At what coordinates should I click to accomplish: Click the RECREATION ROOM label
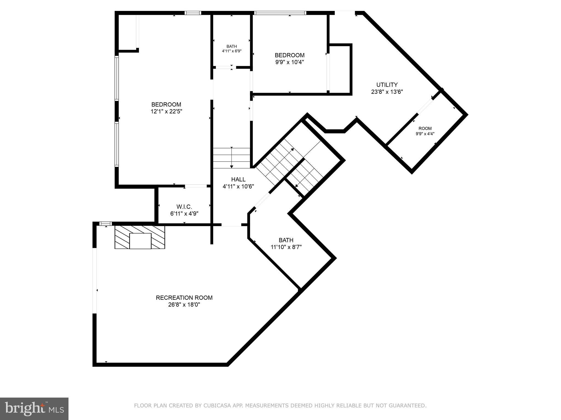(x=184, y=297)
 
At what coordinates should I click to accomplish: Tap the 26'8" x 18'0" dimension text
(x=184, y=305)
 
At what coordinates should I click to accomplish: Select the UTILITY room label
(x=387, y=85)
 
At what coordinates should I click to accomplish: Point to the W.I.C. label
(x=184, y=207)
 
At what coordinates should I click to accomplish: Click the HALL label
(x=238, y=179)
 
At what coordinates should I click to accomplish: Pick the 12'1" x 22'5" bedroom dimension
(x=166, y=112)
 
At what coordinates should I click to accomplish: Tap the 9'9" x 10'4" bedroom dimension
(x=290, y=62)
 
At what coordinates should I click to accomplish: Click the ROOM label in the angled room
(x=425, y=129)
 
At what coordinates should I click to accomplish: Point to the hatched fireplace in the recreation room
(x=140, y=237)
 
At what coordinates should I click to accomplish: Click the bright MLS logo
(x=34, y=409)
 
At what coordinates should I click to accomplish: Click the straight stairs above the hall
(x=232, y=158)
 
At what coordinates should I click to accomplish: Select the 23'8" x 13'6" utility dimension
(x=387, y=92)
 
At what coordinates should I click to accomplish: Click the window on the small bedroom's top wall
(x=280, y=13)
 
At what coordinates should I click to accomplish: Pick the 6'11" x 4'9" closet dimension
(x=184, y=214)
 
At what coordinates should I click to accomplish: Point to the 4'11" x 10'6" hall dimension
(x=238, y=186)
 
